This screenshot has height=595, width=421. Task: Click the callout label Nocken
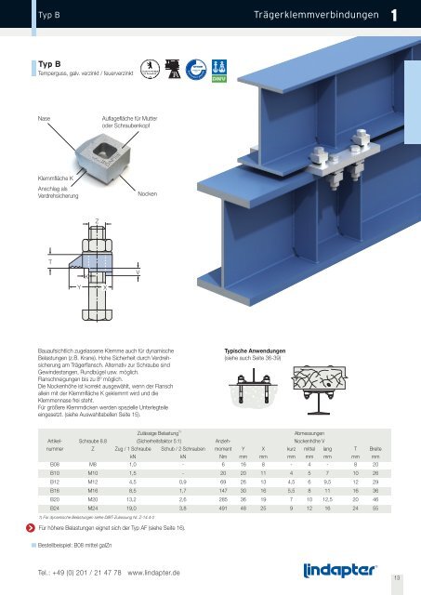coord(147,192)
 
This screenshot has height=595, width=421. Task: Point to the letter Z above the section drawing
coord(96,221)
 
